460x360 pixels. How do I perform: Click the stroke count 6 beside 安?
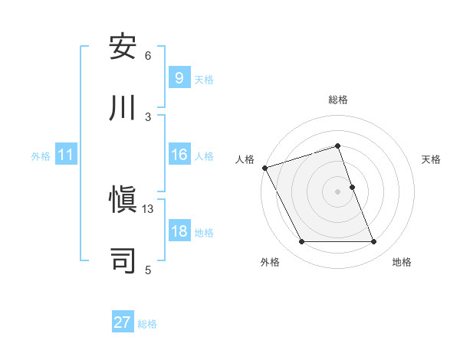click(148, 55)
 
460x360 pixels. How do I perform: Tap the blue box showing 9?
click(179, 78)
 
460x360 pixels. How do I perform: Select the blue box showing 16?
click(179, 155)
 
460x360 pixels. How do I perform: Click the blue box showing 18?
click(179, 231)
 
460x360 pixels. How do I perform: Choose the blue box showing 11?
click(66, 155)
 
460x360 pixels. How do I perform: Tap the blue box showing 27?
click(123, 322)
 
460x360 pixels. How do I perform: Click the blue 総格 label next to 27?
click(147, 324)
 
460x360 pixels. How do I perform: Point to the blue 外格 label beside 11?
click(41, 156)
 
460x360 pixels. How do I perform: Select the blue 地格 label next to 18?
click(204, 233)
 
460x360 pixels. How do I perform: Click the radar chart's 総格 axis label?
click(338, 100)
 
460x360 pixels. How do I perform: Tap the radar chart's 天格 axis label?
click(431, 159)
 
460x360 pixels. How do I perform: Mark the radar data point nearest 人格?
click(265, 168)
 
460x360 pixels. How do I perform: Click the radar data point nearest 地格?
click(373, 242)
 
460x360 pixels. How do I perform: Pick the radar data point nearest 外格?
click(301, 242)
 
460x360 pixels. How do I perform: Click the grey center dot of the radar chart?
click(338, 191)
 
